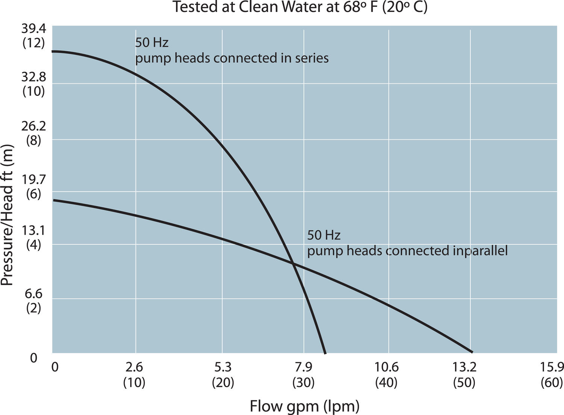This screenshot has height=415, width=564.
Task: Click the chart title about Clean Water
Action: click(x=300, y=7)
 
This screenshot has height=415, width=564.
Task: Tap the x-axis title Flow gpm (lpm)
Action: click(x=305, y=406)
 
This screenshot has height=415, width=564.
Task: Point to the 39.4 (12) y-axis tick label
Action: click(x=33, y=36)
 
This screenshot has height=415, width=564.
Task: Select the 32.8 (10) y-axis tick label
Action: click(x=33, y=84)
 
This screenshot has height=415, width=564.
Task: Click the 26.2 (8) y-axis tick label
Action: click(x=33, y=133)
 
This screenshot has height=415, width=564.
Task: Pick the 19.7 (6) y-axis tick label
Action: click(x=33, y=187)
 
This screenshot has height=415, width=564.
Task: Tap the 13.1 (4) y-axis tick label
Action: click(x=33, y=237)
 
